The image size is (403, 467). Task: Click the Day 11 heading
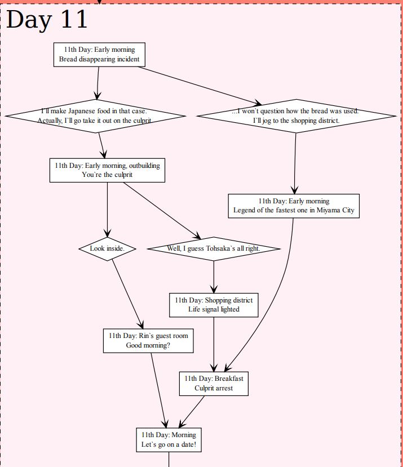47,20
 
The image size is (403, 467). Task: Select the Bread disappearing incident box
99,55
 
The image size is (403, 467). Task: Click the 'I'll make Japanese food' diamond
95,116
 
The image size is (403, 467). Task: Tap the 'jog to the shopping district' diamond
296,116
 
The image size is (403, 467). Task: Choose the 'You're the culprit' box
107,170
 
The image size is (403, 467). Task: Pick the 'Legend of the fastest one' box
294,206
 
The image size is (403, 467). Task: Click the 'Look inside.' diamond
107,248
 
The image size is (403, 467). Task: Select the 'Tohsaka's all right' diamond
214,248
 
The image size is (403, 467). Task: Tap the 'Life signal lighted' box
214,305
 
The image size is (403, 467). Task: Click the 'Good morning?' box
148,341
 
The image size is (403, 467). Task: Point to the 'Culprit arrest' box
214,383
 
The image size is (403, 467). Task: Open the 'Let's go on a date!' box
169,439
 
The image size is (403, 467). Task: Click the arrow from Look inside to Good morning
127,295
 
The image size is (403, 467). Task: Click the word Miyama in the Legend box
327,211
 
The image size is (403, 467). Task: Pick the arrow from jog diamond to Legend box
295,163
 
